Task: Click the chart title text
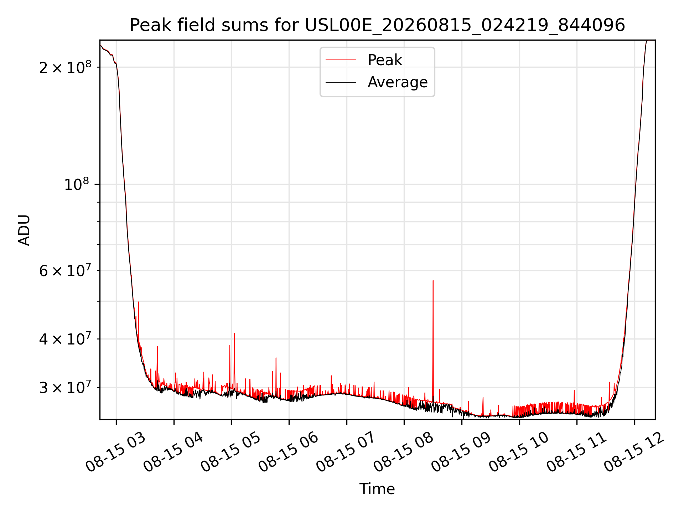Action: pyautogui.click(x=377, y=25)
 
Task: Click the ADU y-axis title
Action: pyautogui.click(x=24, y=230)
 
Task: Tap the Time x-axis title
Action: pyautogui.click(x=377, y=489)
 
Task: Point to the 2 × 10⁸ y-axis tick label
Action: pyautogui.click(x=65, y=67)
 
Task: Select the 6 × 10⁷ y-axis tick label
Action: pyautogui.click(x=65, y=270)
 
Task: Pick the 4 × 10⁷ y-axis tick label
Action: pyautogui.click(x=65, y=339)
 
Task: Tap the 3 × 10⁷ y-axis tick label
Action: pyautogui.click(x=65, y=387)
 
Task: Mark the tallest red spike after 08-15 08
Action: pyautogui.click(x=433, y=281)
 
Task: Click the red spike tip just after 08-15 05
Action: pyautogui.click(x=234, y=333)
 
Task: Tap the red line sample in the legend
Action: pyautogui.click(x=341, y=60)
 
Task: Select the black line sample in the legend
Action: pyautogui.click(x=341, y=82)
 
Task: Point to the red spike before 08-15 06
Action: pyautogui.click(x=276, y=358)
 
